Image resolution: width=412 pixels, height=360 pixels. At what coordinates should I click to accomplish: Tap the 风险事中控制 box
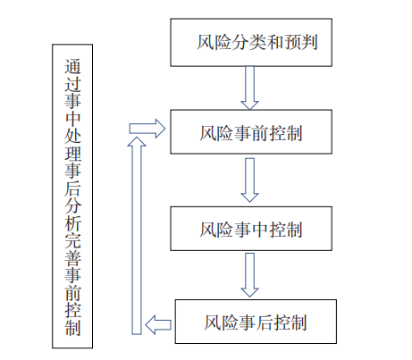click(x=251, y=229)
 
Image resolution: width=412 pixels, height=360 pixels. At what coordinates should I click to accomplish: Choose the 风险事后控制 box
click(x=256, y=321)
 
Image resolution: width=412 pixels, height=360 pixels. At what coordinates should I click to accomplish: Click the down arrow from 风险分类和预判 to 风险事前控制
click(x=250, y=88)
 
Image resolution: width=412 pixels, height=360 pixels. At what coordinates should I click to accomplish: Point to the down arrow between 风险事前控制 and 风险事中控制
click(x=250, y=181)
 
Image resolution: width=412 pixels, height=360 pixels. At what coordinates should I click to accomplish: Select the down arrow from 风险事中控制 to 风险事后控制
click(x=250, y=275)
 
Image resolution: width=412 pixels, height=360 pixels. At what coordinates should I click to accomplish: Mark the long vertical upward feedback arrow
click(x=137, y=232)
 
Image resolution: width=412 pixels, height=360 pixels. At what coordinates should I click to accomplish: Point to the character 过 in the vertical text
click(x=73, y=87)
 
